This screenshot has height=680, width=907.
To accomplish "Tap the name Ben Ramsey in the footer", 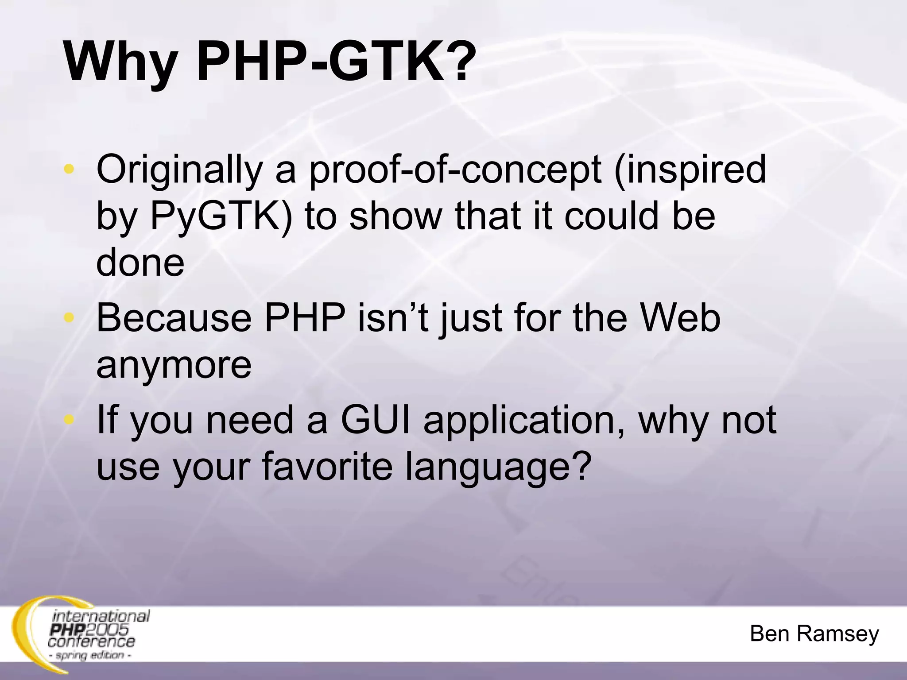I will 814,634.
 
